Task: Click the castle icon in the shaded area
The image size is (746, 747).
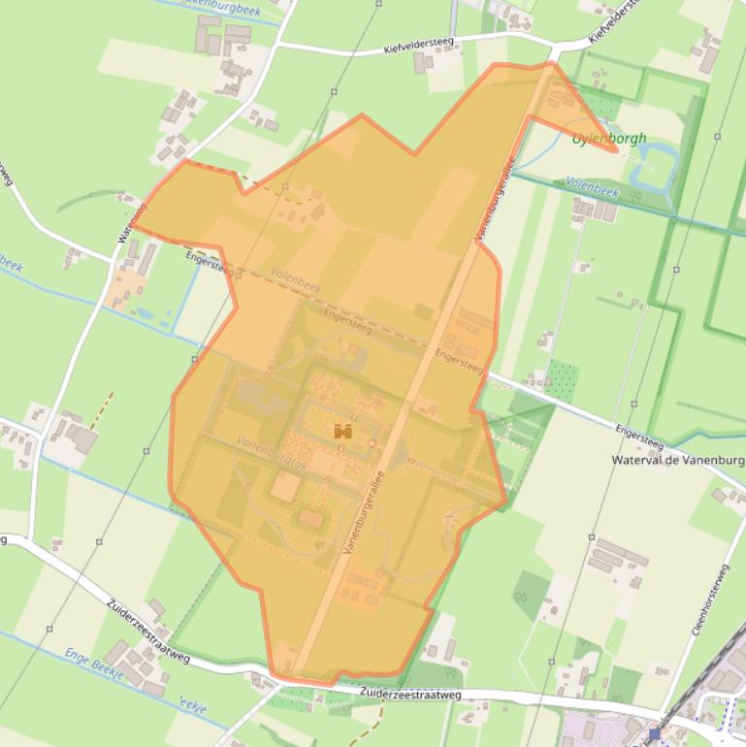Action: point(342,431)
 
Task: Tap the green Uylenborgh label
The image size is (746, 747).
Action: point(610,139)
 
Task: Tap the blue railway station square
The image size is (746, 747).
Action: point(656,734)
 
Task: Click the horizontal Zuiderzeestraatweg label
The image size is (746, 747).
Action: point(409,695)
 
